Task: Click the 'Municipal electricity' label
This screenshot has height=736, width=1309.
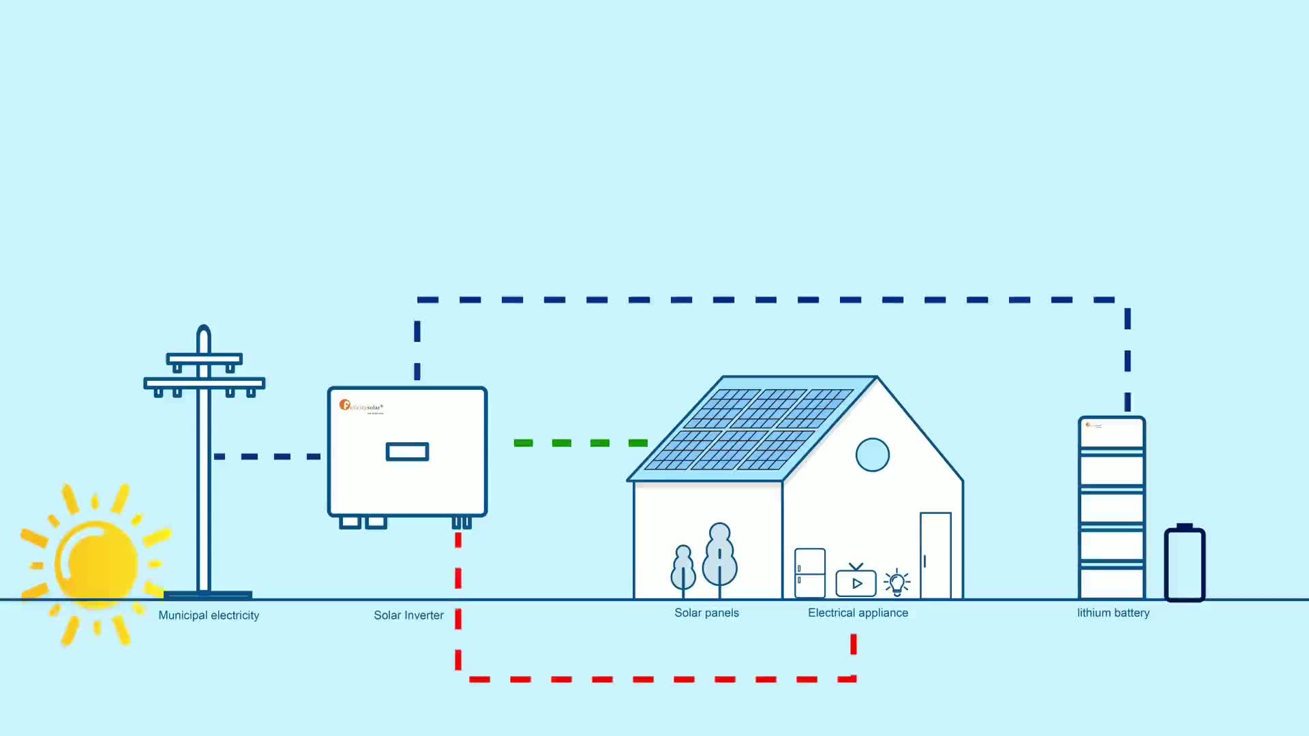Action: point(209,615)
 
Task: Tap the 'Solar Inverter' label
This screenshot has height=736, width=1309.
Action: point(408,615)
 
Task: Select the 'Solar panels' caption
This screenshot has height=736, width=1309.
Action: point(706,613)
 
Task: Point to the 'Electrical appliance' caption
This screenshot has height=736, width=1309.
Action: point(858,613)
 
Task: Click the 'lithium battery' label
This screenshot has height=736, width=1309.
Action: point(1113,613)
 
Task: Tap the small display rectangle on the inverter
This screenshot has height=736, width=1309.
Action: point(407,452)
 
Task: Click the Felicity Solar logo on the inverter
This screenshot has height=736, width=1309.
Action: point(361,406)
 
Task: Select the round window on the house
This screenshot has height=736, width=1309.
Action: point(873,455)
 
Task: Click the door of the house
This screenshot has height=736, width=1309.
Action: point(935,555)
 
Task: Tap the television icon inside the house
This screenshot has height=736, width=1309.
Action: point(856,582)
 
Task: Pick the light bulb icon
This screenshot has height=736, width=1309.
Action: point(897,583)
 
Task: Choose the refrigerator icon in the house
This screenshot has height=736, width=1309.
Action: point(810,573)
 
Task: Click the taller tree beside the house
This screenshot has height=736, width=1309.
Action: point(720,555)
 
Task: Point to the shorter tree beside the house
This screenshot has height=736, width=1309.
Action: point(683,569)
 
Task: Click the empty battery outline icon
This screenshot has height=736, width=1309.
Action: point(1185,564)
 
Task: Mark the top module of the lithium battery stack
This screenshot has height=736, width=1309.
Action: point(1112,432)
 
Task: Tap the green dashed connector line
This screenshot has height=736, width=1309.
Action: point(580,443)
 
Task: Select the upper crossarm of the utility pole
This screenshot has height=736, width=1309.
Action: point(205,358)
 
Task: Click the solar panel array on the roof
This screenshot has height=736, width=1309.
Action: point(750,429)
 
